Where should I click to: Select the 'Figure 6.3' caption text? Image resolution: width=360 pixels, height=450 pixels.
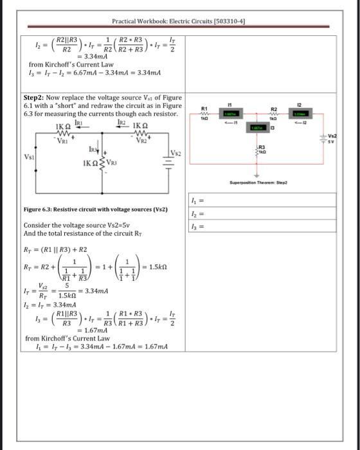click(x=94, y=210)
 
